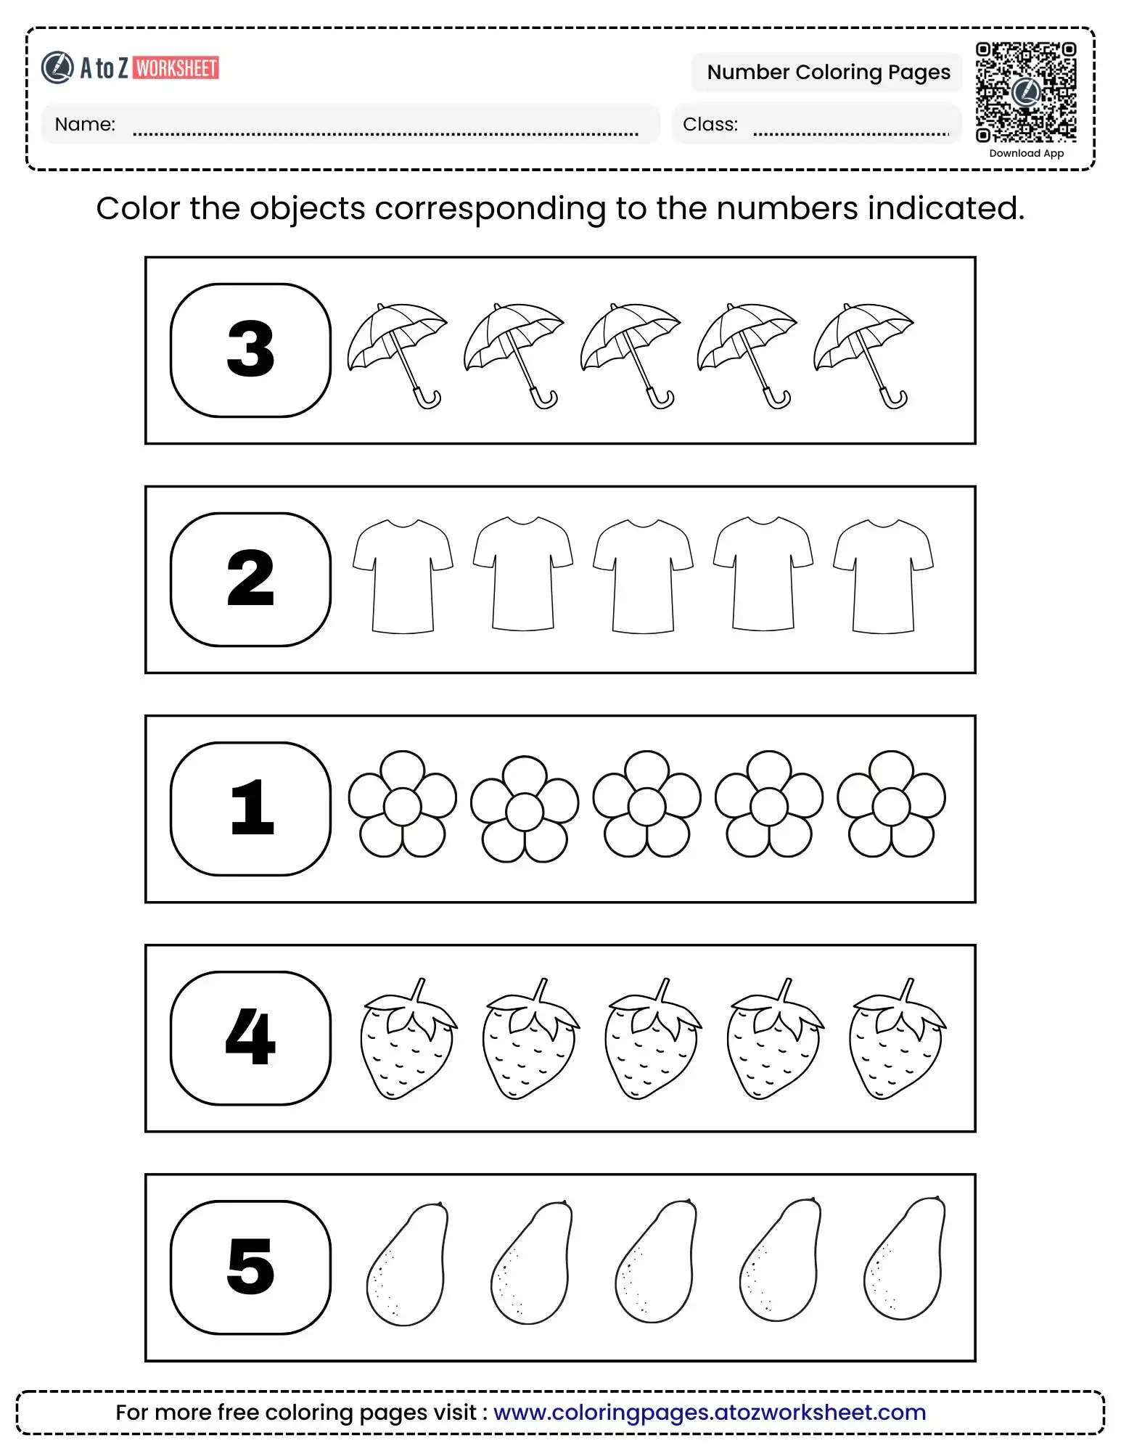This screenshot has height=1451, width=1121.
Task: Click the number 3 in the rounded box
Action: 250,350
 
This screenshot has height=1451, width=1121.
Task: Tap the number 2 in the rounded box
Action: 250,578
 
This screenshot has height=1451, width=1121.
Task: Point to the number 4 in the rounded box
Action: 250,1037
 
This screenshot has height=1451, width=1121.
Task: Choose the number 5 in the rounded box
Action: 250,1266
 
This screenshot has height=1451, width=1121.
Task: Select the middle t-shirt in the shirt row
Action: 643,575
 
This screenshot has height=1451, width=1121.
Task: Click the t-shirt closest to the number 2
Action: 403,575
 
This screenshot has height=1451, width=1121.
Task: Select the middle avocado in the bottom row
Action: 656,1262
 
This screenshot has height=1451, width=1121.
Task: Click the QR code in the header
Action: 1025,92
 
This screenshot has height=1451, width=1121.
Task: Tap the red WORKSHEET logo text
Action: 176,68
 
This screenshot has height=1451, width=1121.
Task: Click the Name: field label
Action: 85,124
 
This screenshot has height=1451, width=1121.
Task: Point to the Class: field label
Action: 710,124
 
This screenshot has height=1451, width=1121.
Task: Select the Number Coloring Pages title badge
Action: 828,72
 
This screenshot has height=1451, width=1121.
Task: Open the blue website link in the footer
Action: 710,1412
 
